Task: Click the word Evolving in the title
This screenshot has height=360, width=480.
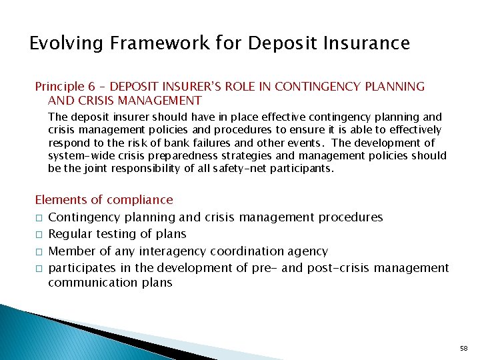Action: tap(62, 44)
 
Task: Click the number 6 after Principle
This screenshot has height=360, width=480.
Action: tap(91, 87)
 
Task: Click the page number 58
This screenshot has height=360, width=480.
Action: tap(464, 348)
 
